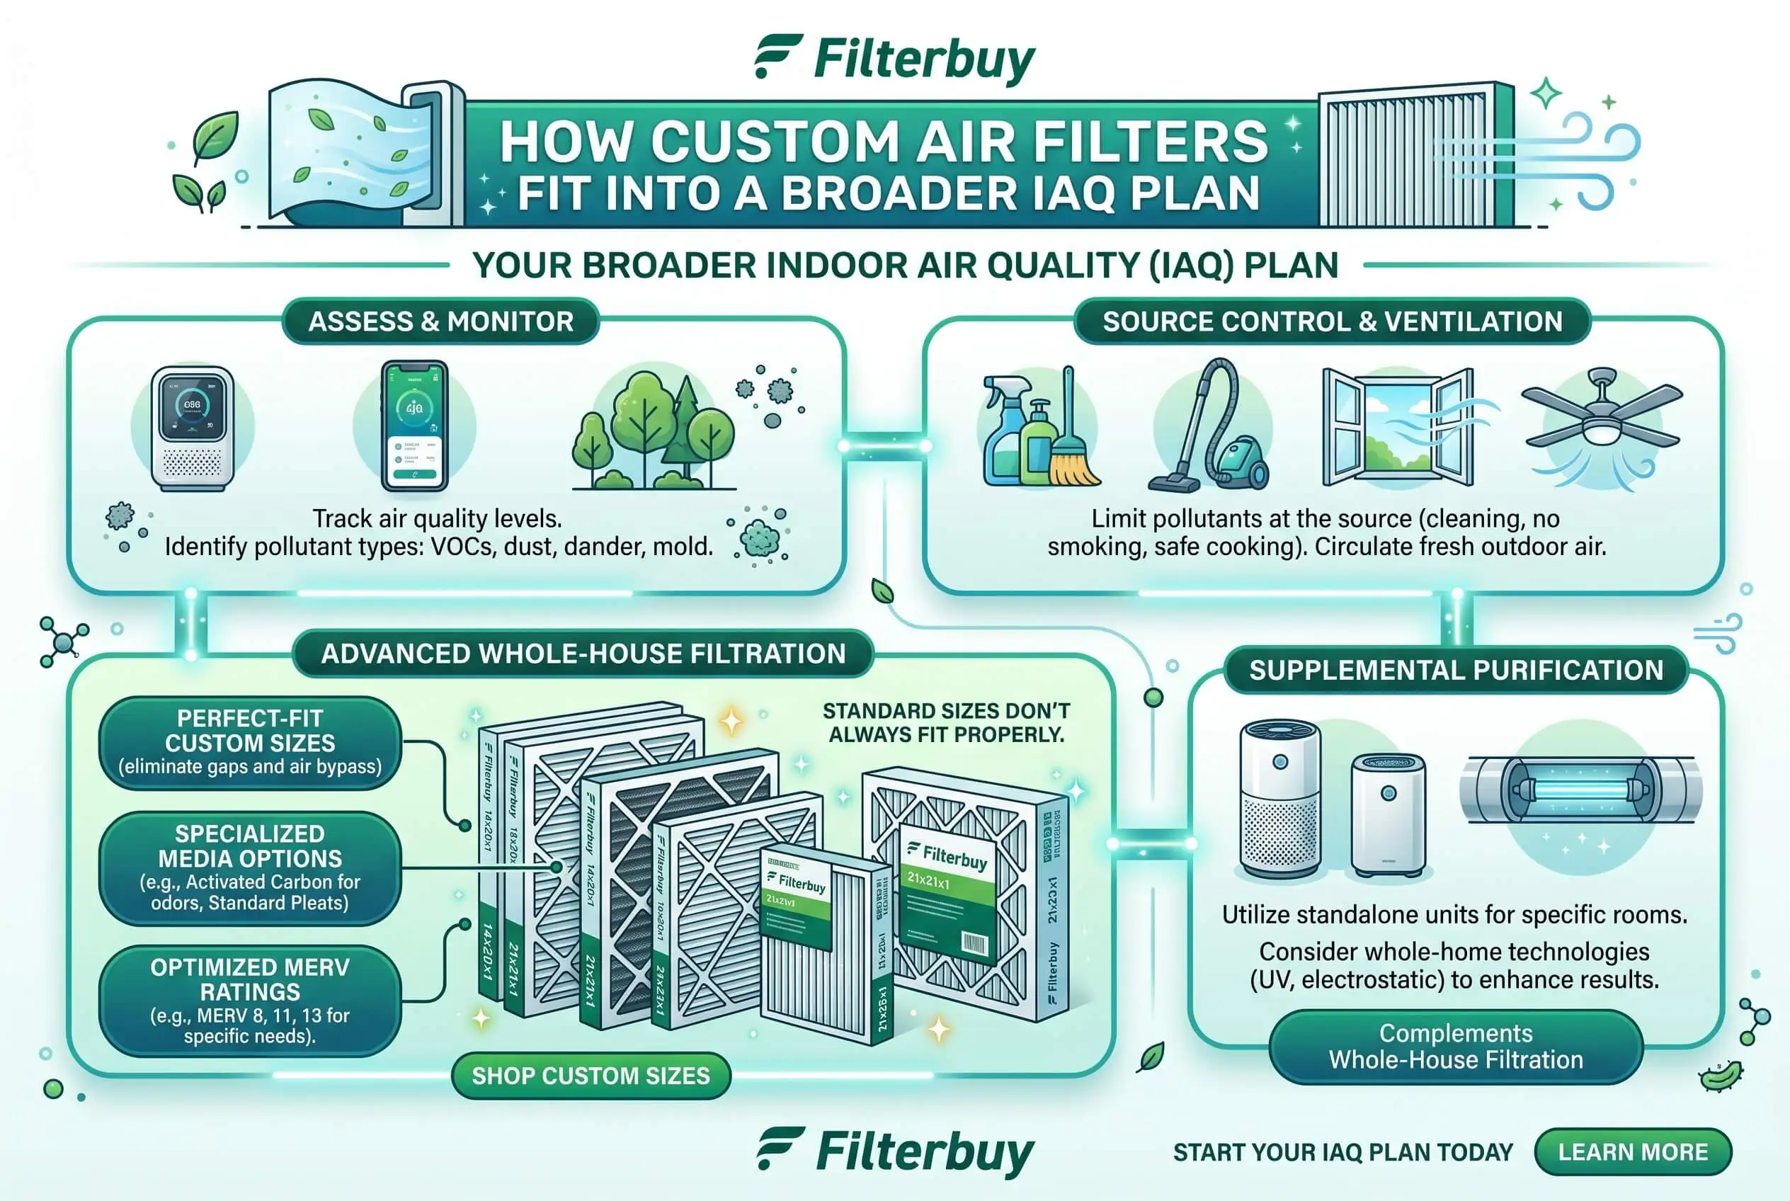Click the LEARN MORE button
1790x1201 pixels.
click(x=1632, y=1151)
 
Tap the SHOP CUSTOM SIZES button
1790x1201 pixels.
click(x=591, y=1076)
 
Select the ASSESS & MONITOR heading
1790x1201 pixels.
click(x=440, y=321)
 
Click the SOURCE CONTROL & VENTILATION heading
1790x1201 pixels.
click(x=1332, y=321)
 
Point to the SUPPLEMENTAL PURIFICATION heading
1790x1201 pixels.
click(x=1455, y=670)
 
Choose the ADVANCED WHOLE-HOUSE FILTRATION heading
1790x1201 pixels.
click(x=583, y=654)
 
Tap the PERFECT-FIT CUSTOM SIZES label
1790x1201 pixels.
click(x=250, y=741)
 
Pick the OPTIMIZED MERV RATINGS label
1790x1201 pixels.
click(x=250, y=1001)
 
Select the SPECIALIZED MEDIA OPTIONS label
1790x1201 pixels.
click(x=250, y=867)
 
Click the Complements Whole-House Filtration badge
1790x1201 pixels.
click(x=1455, y=1047)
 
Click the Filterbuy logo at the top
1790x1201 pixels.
click(x=894, y=59)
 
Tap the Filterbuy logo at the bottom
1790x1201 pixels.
click(x=894, y=1152)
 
